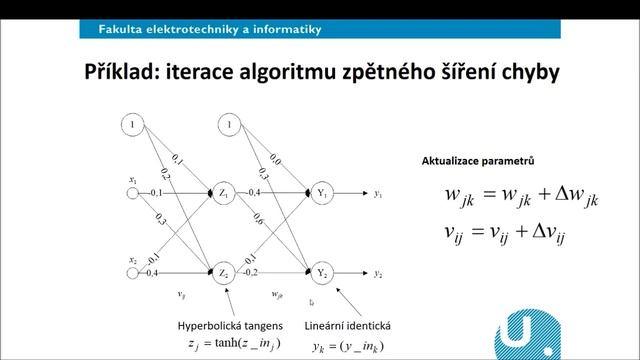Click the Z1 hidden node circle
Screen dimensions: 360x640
(x=223, y=193)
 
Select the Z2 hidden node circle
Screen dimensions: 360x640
(x=223, y=273)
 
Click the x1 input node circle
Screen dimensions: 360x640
(x=133, y=193)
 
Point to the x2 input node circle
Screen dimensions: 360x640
(x=133, y=273)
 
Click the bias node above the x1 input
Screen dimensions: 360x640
(x=133, y=125)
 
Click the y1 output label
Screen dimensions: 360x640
(x=378, y=193)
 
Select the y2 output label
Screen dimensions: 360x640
(x=378, y=273)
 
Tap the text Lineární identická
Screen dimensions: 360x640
(x=349, y=326)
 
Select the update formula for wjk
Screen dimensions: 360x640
(x=520, y=197)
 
